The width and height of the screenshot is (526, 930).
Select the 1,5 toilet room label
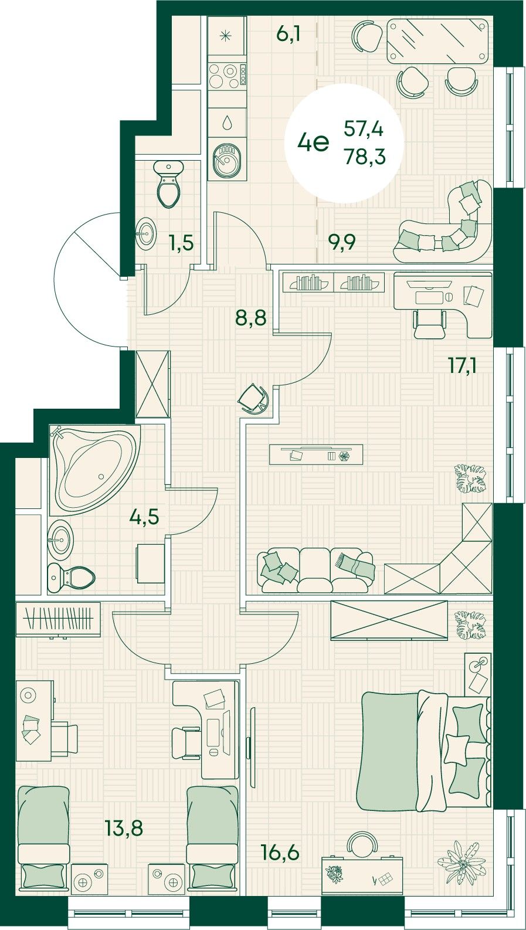[182, 243]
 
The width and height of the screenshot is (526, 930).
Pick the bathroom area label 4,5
[144, 518]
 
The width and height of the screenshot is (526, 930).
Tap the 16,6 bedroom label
[280, 854]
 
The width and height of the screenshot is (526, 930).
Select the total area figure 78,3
[365, 157]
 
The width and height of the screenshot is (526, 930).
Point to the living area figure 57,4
[364, 130]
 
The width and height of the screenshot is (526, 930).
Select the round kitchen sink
[227, 161]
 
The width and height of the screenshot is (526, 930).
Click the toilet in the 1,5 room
[168, 184]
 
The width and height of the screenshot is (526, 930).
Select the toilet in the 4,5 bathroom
[71, 578]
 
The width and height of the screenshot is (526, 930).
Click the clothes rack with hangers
[58, 619]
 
